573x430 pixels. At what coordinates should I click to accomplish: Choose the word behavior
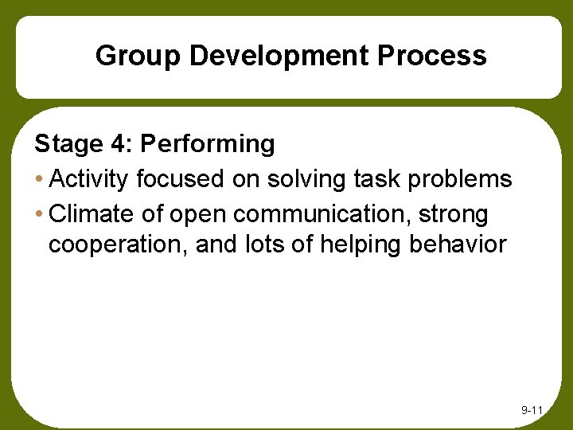tap(458, 244)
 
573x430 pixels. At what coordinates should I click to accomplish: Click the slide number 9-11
tap(531, 410)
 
